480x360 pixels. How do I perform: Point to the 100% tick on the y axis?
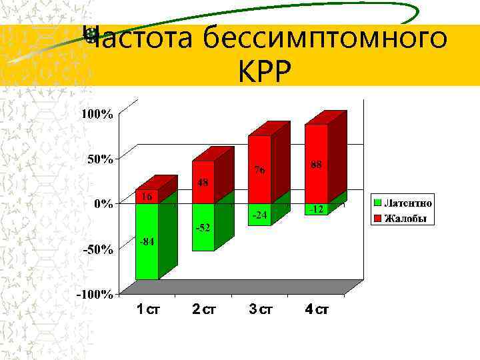[x=97, y=114]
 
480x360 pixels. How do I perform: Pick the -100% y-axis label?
[x=96, y=294]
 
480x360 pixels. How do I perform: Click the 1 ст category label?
[x=147, y=310]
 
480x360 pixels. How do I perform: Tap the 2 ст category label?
[x=204, y=310]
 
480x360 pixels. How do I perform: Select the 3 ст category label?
[x=260, y=310]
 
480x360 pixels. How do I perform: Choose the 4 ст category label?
[x=317, y=310]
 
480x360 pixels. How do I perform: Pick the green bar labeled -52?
[x=203, y=227]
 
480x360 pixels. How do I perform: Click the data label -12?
[x=316, y=209]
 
